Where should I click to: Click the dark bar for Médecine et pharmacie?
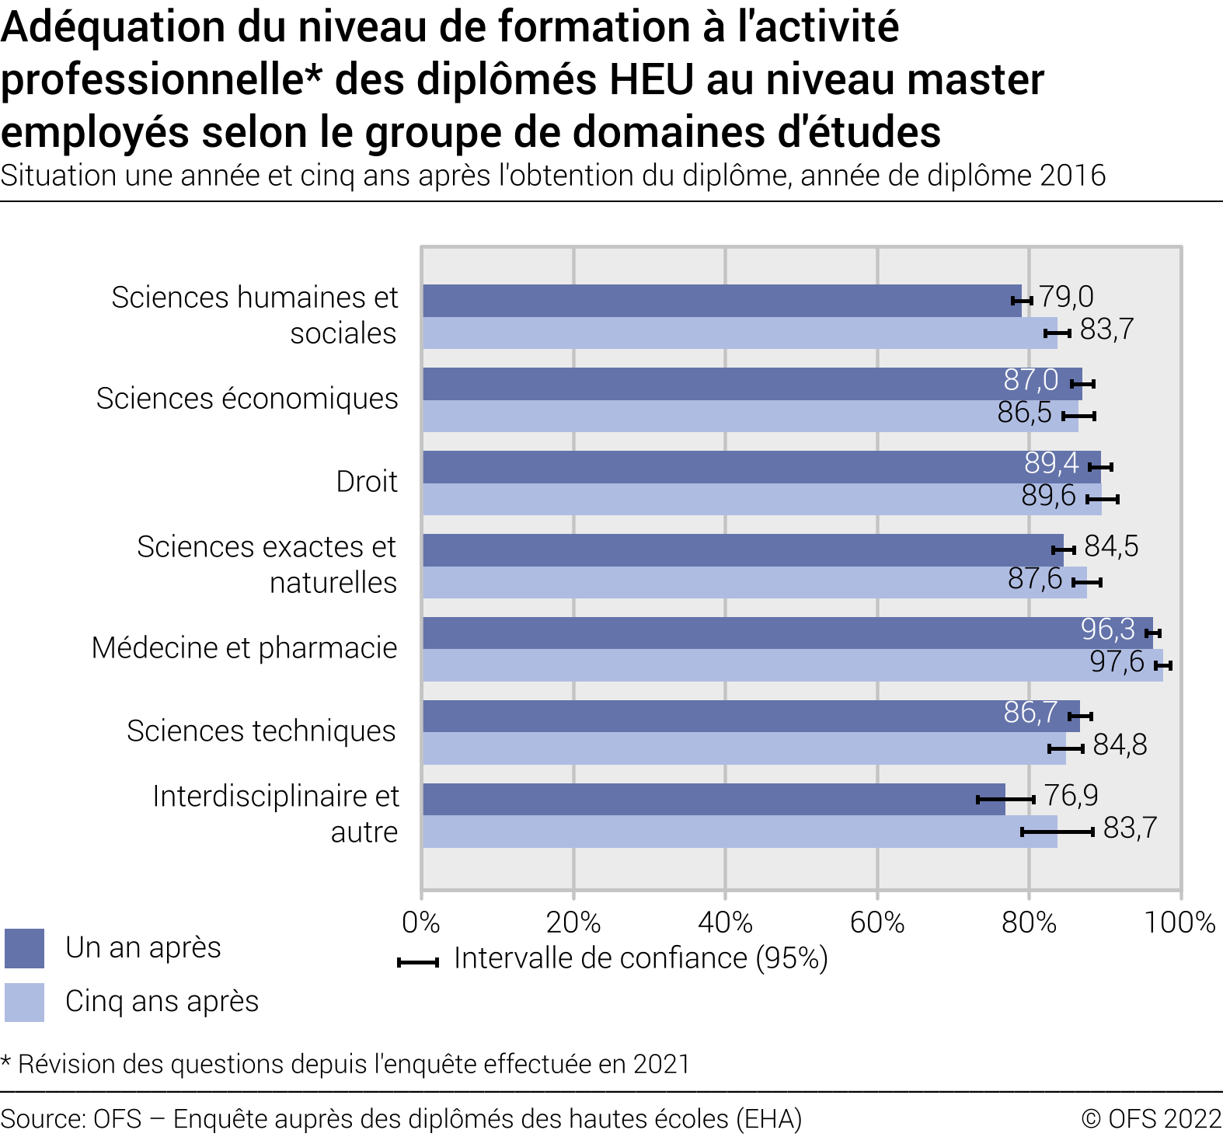786,633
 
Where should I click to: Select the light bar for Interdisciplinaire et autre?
740,832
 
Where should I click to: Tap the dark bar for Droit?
761,466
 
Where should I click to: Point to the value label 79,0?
1066,297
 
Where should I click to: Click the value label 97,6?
1117,662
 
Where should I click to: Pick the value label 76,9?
1071,796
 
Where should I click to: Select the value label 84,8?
1120,745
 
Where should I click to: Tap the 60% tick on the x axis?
877,923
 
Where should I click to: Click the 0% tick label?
421,923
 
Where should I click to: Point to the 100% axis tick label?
1179,923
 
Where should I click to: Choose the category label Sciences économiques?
247,399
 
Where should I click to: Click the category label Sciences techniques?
261,731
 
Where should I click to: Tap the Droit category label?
367,482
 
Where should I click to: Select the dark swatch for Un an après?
24,948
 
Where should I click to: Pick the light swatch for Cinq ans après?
24,1002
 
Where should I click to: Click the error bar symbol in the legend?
418,962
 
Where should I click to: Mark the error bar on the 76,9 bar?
1005,799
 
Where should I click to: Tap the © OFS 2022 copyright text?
1152,1119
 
